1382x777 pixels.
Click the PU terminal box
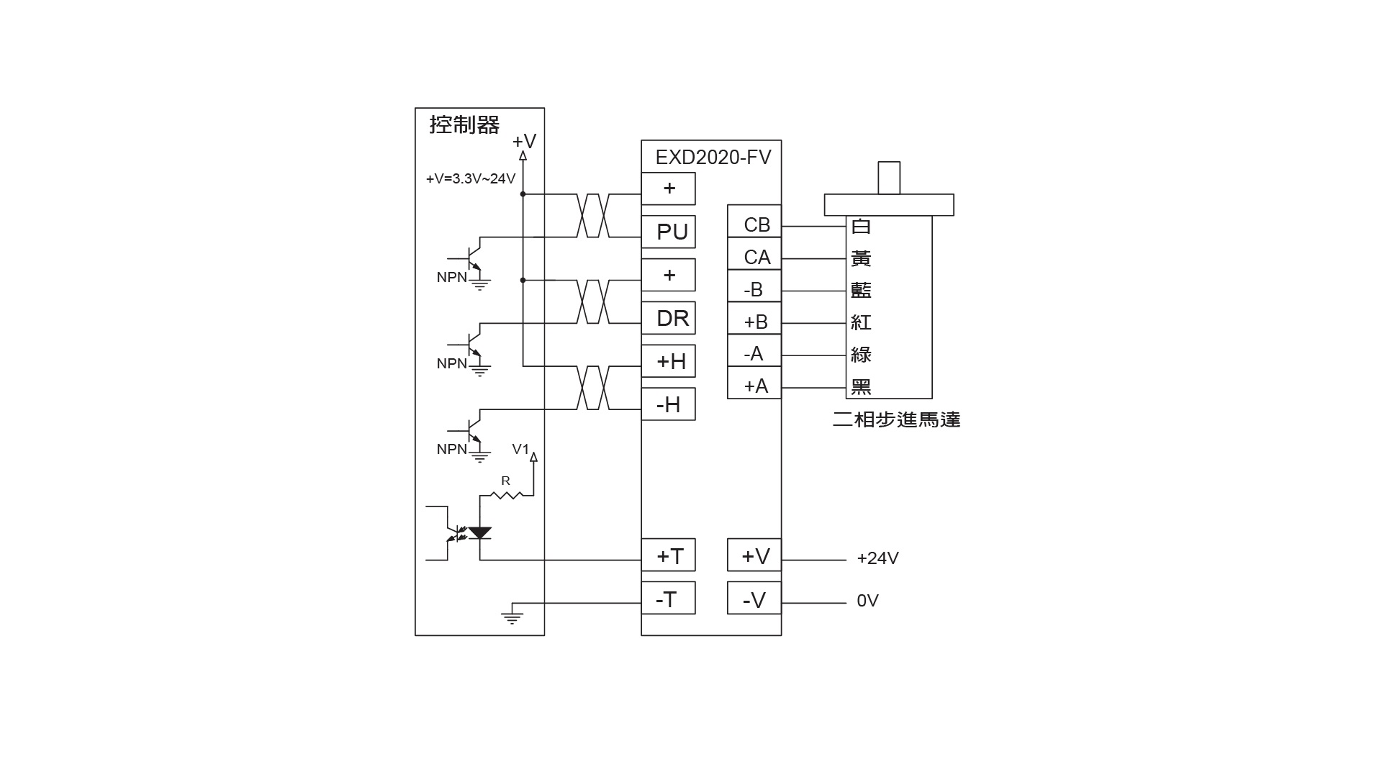(x=668, y=232)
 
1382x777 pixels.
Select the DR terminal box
(x=668, y=318)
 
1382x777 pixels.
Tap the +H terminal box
(x=668, y=361)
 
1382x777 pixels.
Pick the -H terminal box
(x=668, y=404)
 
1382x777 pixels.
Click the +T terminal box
(x=668, y=555)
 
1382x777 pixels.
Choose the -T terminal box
(x=668, y=599)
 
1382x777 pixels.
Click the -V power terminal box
(x=754, y=599)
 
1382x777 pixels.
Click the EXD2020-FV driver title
(x=713, y=158)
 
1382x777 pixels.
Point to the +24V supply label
(x=877, y=558)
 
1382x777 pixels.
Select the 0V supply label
(x=867, y=601)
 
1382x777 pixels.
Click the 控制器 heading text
(x=464, y=124)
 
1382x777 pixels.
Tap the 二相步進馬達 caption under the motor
(x=896, y=419)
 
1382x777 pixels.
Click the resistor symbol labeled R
(x=506, y=494)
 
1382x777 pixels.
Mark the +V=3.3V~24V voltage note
(x=471, y=178)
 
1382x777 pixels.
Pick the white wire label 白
(x=861, y=226)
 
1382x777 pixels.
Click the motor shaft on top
(x=889, y=178)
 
